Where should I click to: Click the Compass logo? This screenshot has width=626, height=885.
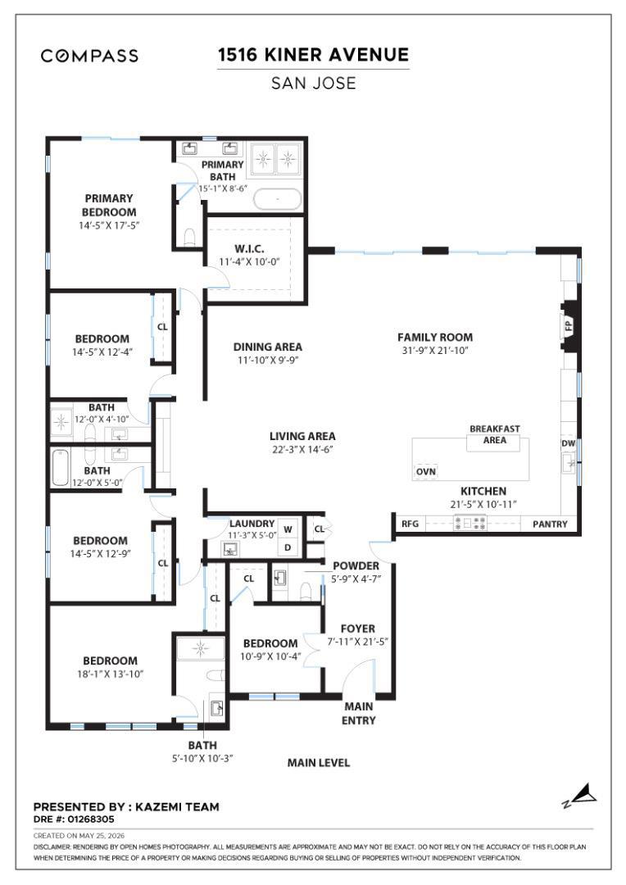(x=89, y=56)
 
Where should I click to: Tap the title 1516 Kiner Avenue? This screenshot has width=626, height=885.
(x=313, y=55)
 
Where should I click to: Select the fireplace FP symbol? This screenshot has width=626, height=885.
(x=567, y=326)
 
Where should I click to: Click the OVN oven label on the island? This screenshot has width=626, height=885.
(x=426, y=472)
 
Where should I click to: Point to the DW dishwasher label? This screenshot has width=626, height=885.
(x=568, y=443)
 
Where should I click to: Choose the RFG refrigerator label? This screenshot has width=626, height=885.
(x=411, y=524)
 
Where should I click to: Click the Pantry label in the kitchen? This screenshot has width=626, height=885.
(x=550, y=524)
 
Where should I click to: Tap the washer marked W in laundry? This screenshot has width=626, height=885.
(x=288, y=529)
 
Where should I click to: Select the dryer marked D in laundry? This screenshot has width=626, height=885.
(x=288, y=547)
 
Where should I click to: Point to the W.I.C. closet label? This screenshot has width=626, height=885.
(x=249, y=249)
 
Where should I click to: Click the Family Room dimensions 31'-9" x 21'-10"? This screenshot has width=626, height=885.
(x=434, y=351)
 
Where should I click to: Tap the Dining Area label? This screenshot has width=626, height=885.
(x=268, y=347)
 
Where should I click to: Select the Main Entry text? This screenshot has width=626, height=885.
(x=358, y=714)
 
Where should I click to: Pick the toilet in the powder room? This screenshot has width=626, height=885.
(x=306, y=591)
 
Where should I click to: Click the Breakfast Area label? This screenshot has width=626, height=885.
(x=494, y=434)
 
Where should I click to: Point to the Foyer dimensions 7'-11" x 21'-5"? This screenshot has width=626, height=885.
(x=358, y=642)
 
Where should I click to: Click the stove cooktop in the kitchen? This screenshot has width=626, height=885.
(x=471, y=523)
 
